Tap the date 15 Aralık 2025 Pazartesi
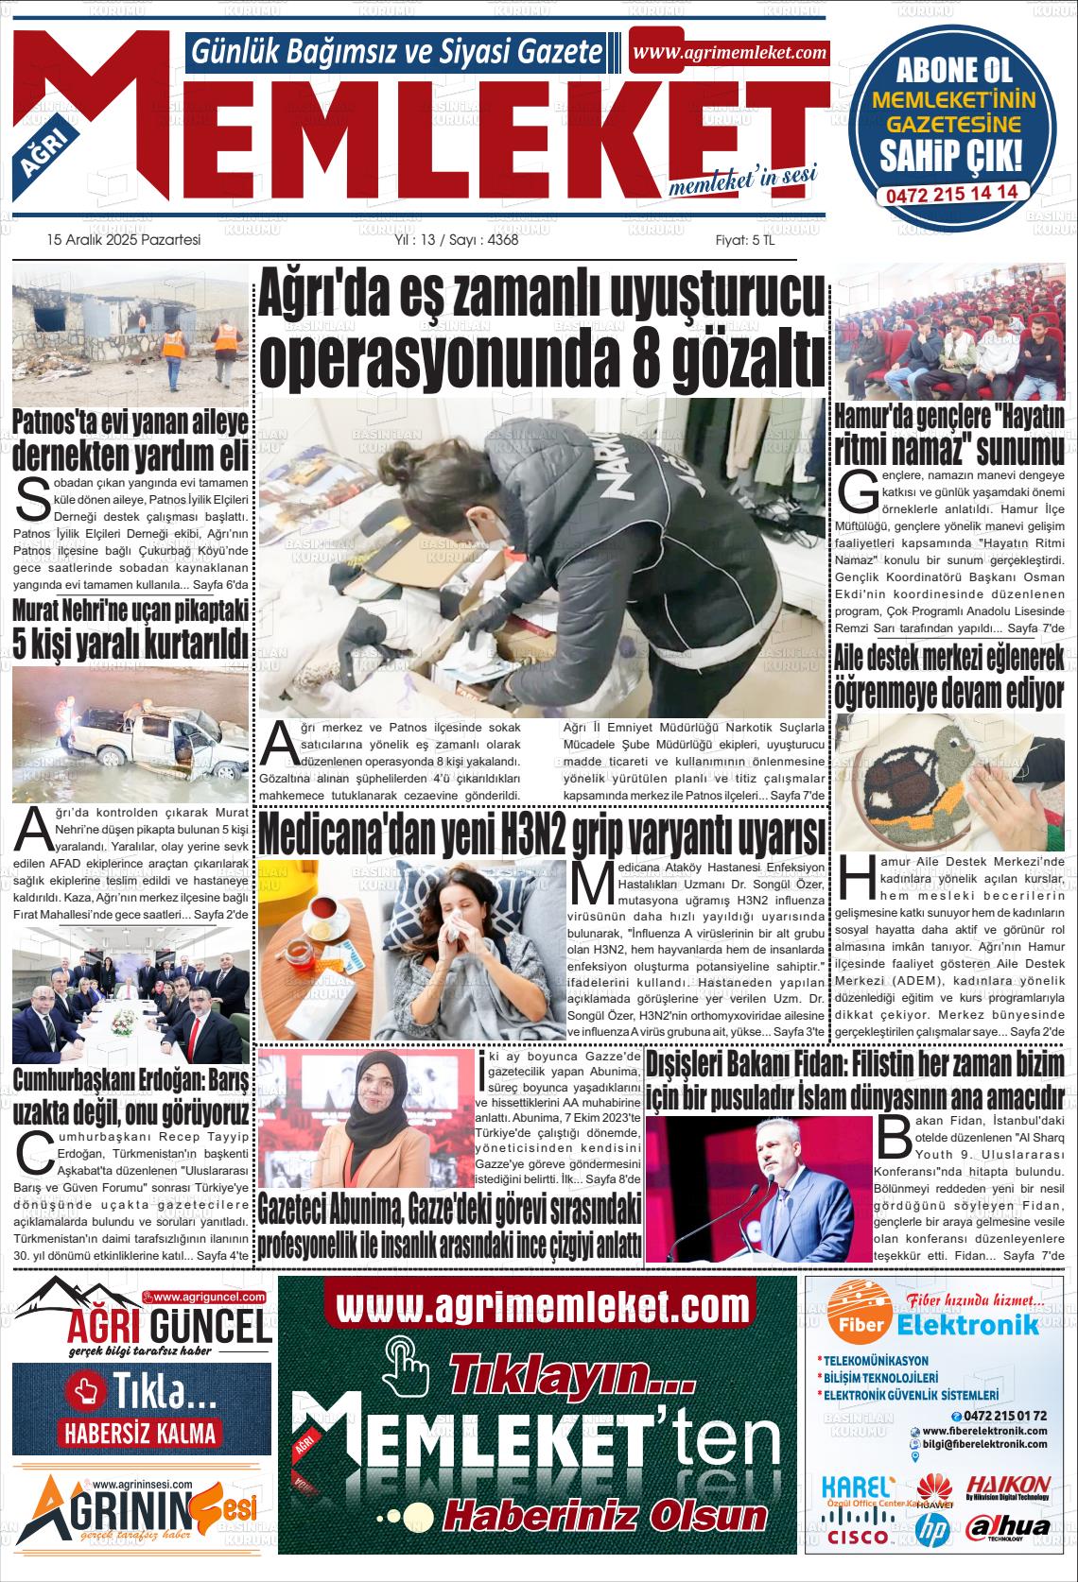click(x=124, y=240)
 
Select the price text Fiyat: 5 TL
click(x=744, y=240)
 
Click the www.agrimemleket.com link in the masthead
click(x=730, y=53)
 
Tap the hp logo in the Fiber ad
click(x=933, y=1529)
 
